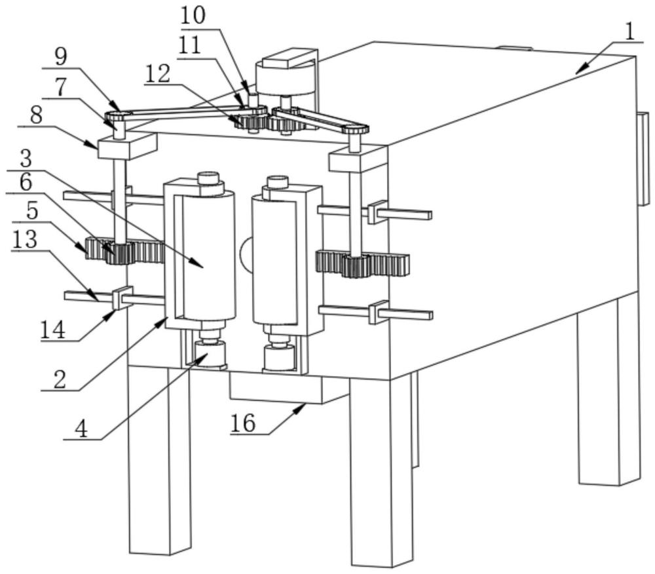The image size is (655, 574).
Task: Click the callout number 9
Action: pos(60,57)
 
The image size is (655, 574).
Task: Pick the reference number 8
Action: pos(37,117)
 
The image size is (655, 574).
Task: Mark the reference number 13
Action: pos(25,240)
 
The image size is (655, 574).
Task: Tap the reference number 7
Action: pos(60,86)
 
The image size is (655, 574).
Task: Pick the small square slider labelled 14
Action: pos(122,298)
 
